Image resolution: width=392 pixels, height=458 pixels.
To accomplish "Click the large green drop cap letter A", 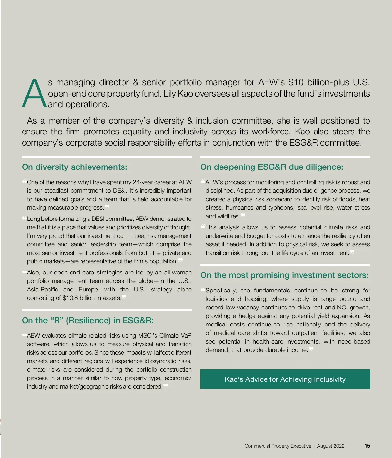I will tap(34, 94).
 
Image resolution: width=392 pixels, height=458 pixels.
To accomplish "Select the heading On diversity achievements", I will tap(74, 167).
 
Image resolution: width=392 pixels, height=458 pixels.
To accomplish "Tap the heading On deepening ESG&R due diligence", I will tap(271, 167).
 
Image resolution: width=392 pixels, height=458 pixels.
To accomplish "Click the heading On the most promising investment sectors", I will tap(284, 275).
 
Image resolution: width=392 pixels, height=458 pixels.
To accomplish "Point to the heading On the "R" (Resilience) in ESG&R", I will tap(88, 321).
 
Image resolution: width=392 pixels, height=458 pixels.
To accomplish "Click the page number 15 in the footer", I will tap(367, 446).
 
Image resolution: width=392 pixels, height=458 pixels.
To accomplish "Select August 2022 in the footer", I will tap(331, 446).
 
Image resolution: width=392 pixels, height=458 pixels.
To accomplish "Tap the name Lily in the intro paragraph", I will tap(170, 94).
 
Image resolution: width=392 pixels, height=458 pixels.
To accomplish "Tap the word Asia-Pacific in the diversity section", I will tap(42, 290).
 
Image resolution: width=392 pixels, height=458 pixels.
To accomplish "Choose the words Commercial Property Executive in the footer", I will tap(278, 446).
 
